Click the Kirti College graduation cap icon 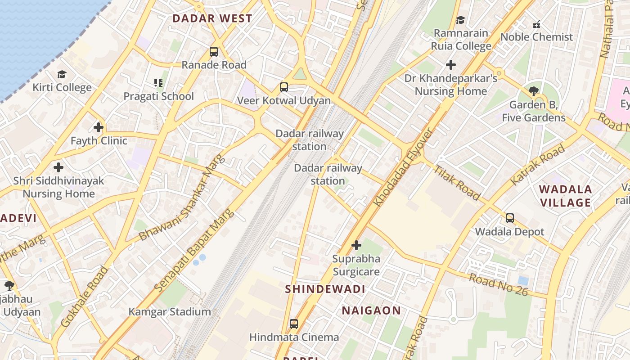point(62,74)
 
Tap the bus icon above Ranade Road point(214,52)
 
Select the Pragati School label point(158,96)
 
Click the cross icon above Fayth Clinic point(99,127)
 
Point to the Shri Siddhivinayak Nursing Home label point(58,187)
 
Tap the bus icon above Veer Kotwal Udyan point(283,87)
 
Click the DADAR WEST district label point(212,18)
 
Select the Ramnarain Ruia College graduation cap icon point(460,20)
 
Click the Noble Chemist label point(536,37)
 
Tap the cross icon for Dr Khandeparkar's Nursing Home point(450,65)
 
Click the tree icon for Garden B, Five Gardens point(534,91)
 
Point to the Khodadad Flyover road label point(404,168)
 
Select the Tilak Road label point(457,181)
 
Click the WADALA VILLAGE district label point(566,196)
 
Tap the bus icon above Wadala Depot point(509,218)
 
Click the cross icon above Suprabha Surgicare point(356,245)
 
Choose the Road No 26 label point(498,284)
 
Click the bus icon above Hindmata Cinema point(294,324)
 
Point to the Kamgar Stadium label point(170,312)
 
